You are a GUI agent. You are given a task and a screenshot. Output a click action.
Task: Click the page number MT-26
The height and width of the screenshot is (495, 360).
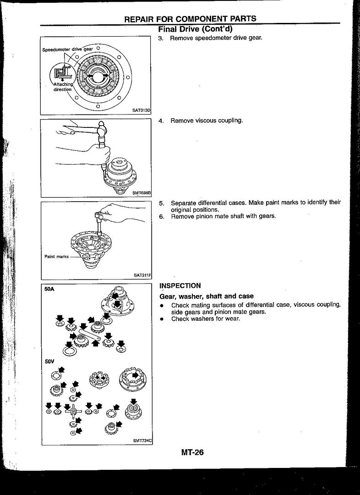tap(192, 453)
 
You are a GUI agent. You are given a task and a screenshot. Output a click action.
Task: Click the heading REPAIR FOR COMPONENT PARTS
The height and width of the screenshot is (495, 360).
tap(190, 19)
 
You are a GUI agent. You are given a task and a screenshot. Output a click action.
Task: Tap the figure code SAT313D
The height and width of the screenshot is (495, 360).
tap(142, 110)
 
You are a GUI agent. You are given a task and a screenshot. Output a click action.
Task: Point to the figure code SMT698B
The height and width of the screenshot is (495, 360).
tap(142, 193)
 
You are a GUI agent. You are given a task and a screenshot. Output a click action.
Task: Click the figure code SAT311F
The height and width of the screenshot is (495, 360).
tap(142, 275)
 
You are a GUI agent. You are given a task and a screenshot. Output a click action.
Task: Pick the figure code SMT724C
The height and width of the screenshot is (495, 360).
tap(142, 440)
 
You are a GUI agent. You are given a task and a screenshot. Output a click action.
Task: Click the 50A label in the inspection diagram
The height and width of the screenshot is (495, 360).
tap(49, 290)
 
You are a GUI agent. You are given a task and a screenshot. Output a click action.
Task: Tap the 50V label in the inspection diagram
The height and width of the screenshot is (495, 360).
tap(49, 362)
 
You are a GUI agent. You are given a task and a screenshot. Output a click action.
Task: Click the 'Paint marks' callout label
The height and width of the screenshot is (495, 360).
tap(56, 257)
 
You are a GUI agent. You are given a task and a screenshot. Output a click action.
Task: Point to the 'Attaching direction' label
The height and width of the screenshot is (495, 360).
tap(63, 87)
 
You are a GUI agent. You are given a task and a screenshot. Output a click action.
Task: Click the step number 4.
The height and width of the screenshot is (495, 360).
tap(161, 121)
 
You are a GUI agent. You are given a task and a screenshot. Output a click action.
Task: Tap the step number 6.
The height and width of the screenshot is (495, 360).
tap(161, 216)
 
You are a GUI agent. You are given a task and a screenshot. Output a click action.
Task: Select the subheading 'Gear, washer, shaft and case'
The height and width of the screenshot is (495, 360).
tap(206, 296)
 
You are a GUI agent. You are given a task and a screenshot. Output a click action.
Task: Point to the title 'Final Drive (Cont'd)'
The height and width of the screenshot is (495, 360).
tap(194, 29)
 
